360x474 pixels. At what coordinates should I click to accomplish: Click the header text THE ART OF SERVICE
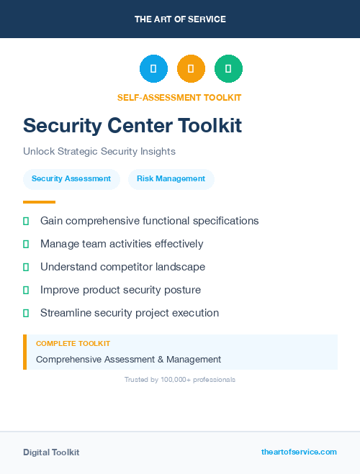180,19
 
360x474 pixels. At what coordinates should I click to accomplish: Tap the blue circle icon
153,69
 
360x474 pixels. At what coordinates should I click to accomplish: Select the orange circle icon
191,69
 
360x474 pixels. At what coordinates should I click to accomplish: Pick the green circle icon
228,69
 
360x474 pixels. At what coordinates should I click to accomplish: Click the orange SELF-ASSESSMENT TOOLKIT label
179,98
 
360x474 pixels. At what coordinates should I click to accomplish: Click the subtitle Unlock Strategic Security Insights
99,152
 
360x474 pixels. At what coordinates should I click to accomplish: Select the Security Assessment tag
71,178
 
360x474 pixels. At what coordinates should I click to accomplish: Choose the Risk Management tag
171,178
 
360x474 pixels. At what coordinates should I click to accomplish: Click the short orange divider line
39,202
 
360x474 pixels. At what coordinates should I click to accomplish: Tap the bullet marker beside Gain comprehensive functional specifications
26,221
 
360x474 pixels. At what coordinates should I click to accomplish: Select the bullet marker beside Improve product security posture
26,290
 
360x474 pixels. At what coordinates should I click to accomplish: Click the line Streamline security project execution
130,313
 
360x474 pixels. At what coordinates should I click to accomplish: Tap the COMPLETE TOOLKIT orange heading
73,344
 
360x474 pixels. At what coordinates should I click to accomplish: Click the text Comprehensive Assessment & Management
128,359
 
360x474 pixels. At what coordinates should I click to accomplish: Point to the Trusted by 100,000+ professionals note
180,379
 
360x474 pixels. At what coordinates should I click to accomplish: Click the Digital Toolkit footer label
51,452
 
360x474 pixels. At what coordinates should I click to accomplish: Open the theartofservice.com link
299,452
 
